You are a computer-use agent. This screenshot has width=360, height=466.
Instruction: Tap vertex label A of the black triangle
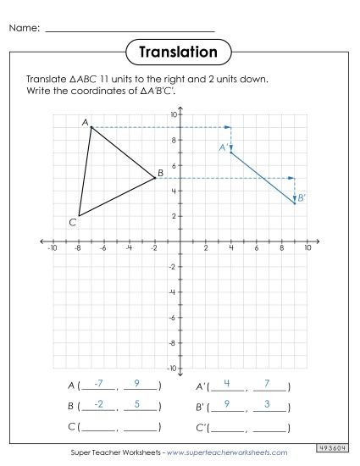(86, 122)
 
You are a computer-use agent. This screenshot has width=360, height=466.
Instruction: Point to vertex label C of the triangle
(73, 222)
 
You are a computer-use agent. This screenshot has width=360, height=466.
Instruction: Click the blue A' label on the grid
(223, 147)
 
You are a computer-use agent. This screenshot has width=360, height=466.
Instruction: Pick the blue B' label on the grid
(302, 197)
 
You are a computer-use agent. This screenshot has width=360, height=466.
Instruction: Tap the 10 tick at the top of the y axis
(173, 114)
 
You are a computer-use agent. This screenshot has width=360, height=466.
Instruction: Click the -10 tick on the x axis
(52, 249)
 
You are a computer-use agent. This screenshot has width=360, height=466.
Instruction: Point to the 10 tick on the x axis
(307, 249)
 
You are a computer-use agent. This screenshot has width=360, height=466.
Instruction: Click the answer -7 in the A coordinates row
(99, 384)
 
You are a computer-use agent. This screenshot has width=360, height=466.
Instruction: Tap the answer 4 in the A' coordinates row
(228, 384)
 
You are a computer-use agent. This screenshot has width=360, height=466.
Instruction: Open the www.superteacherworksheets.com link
(228, 452)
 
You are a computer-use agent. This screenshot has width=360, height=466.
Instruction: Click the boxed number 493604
(335, 447)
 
